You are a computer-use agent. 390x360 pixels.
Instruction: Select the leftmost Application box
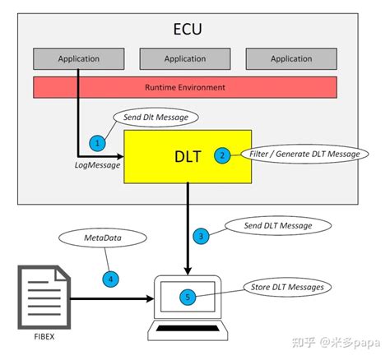[78, 58]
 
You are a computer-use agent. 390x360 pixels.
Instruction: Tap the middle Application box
[184, 58]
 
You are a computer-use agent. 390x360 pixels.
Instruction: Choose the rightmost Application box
[290, 58]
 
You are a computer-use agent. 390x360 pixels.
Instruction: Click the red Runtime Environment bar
[184, 86]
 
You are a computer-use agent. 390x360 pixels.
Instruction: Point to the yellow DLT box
[188, 156]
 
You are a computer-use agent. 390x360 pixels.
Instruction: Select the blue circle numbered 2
[221, 155]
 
